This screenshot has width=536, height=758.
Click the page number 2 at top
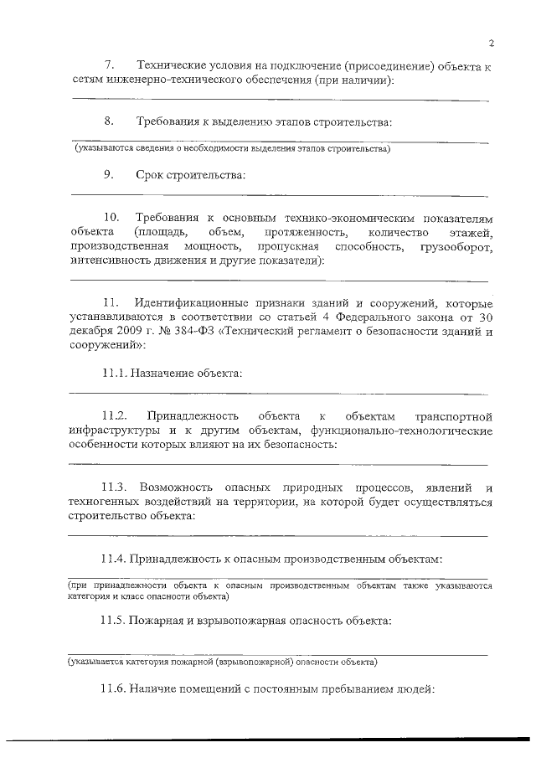pyautogui.click(x=492, y=44)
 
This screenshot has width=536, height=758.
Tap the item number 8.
pyautogui.click(x=109, y=121)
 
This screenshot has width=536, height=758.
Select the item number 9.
pyautogui.click(x=109, y=175)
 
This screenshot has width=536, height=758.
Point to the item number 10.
pyautogui.click(x=111, y=217)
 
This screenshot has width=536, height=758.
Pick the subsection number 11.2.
pyautogui.click(x=114, y=415)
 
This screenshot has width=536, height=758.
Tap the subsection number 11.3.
pyautogui.click(x=114, y=487)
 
